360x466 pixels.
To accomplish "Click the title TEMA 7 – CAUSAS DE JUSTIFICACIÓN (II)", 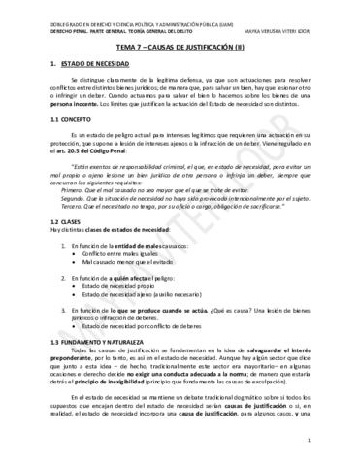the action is point(180,45).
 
